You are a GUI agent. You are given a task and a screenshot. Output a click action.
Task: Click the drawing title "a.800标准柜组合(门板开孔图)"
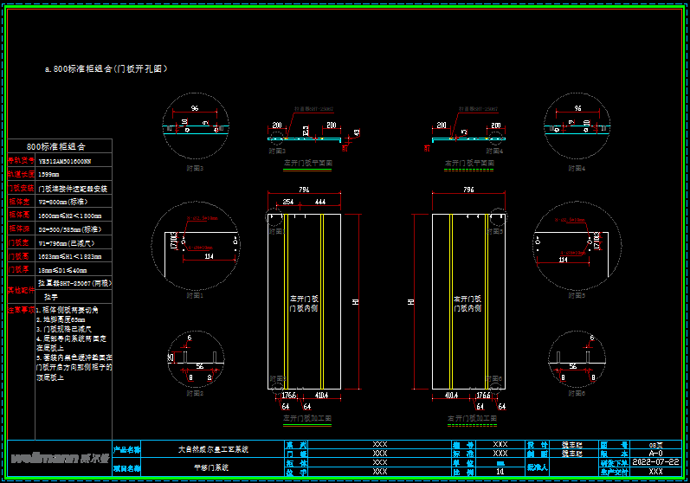click(106, 68)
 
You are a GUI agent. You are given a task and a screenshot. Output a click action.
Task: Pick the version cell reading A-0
click(655, 453)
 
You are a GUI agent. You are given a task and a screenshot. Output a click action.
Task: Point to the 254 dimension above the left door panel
click(287, 201)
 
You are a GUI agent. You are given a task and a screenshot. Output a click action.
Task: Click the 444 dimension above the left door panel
click(320, 201)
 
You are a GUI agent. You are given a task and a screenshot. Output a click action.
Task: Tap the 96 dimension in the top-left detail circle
click(194, 108)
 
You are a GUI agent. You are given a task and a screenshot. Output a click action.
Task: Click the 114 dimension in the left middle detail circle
click(208, 256)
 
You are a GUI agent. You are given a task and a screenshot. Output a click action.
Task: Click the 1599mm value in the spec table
click(49, 174)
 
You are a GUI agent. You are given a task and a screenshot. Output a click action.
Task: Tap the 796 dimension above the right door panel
click(468, 189)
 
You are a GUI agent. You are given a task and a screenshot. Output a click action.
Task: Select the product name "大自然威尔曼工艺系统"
click(213, 449)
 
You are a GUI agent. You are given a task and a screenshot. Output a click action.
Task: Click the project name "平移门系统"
click(213, 467)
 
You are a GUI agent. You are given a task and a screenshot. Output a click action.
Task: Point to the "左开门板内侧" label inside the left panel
click(304, 303)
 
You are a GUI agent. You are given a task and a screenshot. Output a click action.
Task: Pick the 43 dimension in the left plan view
click(358, 132)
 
